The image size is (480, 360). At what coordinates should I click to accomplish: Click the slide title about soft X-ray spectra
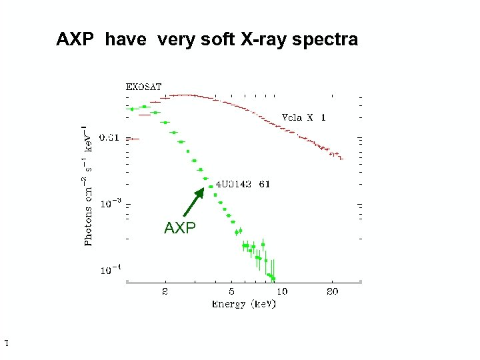click(x=207, y=40)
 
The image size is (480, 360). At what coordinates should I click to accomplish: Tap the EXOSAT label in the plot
click(x=144, y=87)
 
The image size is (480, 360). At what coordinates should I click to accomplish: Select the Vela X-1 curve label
click(x=304, y=117)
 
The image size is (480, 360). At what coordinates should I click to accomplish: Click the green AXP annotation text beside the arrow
click(x=180, y=229)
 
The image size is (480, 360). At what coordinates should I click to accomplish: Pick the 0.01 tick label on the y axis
click(x=109, y=139)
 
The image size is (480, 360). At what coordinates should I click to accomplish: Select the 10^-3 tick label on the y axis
click(x=110, y=205)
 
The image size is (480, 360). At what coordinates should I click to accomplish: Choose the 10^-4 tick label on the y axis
click(x=110, y=270)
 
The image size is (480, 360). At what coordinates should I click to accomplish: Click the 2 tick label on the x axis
click(x=165, y=291)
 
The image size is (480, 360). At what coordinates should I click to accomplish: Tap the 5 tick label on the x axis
click(x=232, y=291)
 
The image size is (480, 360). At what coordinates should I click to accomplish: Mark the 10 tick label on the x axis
click(x=282, y=291)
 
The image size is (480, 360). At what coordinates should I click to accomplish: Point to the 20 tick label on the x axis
click(x=332, y=291)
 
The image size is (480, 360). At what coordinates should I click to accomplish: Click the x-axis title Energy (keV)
click(x=243, y=304)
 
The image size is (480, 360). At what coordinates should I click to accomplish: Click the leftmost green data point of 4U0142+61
click(x=133, y=109)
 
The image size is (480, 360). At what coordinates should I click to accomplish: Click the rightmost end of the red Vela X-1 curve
click(x=341, y=159)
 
